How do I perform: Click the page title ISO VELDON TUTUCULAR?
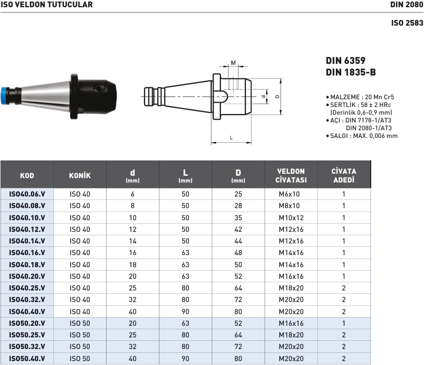[x=47, y=5]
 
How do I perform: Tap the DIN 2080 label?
[x=407, y=5]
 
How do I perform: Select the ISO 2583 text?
[x=407, y=23]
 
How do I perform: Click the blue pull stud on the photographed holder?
[x=5, y=95]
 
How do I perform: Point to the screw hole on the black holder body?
[x=99, y=88]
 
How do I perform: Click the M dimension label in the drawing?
[x=234, y=63]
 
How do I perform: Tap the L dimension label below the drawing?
[x=231, y=137]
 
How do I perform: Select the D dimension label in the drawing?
[x=277, y=96]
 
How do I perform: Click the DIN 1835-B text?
[x=351, y=72]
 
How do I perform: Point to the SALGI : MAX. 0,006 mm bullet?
[x=362, y=136]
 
